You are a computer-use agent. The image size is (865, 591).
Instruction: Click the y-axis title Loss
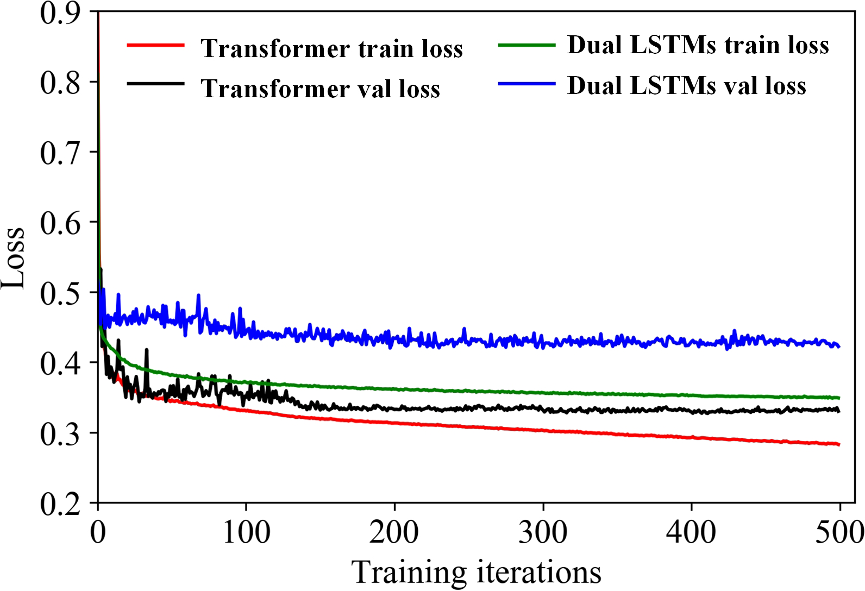point(13,258)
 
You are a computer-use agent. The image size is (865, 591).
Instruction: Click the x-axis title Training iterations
point(476,572)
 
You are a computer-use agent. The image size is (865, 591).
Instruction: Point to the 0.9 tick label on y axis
point(60,13)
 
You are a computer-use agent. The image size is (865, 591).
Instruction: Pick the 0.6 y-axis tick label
point(60,222)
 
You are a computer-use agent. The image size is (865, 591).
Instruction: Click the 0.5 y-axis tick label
point(60,292)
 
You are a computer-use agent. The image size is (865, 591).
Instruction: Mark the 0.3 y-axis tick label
point(60,433)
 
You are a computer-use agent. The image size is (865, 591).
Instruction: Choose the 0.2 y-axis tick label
point(60,503)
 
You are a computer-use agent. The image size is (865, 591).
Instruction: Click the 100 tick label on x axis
point(246,532)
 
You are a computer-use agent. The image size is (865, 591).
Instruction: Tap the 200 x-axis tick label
point(394,532)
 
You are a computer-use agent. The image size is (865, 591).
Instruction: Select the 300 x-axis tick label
point(543,532)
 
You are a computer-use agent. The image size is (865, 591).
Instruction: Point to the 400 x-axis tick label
point(691,532)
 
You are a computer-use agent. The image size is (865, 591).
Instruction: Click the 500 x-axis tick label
point(839,532)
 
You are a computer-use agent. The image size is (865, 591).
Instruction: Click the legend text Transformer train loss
point(331,48)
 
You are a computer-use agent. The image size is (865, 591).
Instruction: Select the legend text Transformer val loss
point(320,89)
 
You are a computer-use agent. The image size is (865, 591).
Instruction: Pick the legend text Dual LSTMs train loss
point(698,45)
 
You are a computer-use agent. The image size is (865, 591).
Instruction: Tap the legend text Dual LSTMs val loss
point(686,86)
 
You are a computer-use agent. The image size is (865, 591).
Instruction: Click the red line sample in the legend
point(155,46)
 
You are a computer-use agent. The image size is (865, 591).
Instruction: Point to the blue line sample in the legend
point(526,84)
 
